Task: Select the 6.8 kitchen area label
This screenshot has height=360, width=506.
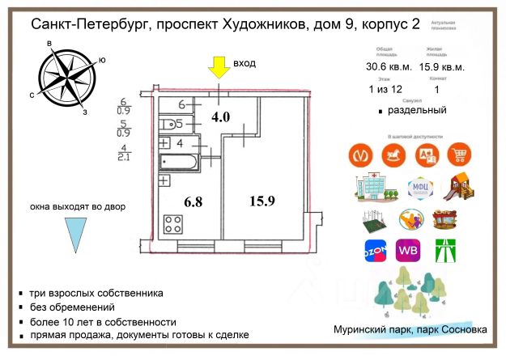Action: (181, 201)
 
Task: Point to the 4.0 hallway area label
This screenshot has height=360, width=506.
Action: (220, 116)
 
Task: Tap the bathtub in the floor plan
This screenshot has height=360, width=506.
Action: (181, 163)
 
